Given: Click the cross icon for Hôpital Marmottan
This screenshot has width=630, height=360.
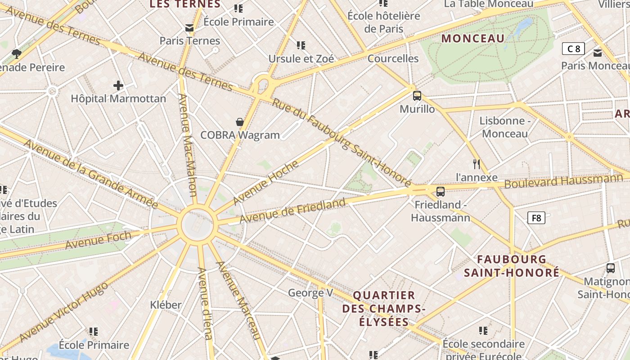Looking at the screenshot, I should tap(118, 85).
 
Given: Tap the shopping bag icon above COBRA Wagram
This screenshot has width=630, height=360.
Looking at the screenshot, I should tap(240, 122).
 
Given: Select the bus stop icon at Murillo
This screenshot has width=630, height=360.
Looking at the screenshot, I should tap(417, 95).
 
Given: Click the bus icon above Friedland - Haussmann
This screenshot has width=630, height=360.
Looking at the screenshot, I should tap(441, 192).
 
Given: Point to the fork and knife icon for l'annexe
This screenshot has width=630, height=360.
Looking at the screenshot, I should tap(477, 164).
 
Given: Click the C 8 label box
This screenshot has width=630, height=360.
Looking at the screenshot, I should tap(573, 49).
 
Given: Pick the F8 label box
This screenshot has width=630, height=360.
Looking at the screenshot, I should tap(536, 218).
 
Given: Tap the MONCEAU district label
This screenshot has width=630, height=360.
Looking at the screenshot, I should tap(473, 39).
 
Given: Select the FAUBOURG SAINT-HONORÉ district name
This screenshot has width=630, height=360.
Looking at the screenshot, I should tap(512, 266).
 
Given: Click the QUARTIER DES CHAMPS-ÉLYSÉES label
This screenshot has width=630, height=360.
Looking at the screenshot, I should tap(384, 309).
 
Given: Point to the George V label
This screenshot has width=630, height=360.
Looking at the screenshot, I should tap(310, 293).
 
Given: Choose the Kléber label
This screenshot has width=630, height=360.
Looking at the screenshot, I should tap(166, 305).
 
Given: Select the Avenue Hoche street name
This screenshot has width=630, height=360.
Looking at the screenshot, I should tap(265, 182).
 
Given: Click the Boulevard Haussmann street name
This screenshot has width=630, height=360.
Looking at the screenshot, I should tap(563, 181).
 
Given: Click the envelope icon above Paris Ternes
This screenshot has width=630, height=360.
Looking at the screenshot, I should tap(189, 28).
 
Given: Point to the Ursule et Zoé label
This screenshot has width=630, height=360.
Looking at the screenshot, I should tap(301, 59).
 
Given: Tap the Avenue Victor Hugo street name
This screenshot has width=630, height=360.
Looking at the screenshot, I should tap(63, 312).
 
